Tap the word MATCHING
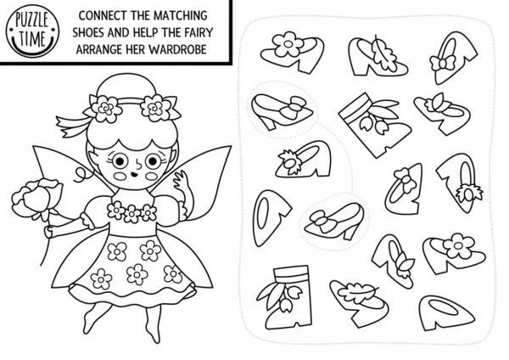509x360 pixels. coord(180,15)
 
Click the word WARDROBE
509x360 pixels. coord(177,49)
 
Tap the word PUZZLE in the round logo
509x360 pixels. coord(32,21)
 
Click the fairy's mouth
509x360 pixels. coord(134,175)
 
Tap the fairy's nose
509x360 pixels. coord(139,166)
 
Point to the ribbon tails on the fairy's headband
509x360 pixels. coord(71,125)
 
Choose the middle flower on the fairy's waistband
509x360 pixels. coord(132,214)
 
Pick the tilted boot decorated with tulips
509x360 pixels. coord(375,125)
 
